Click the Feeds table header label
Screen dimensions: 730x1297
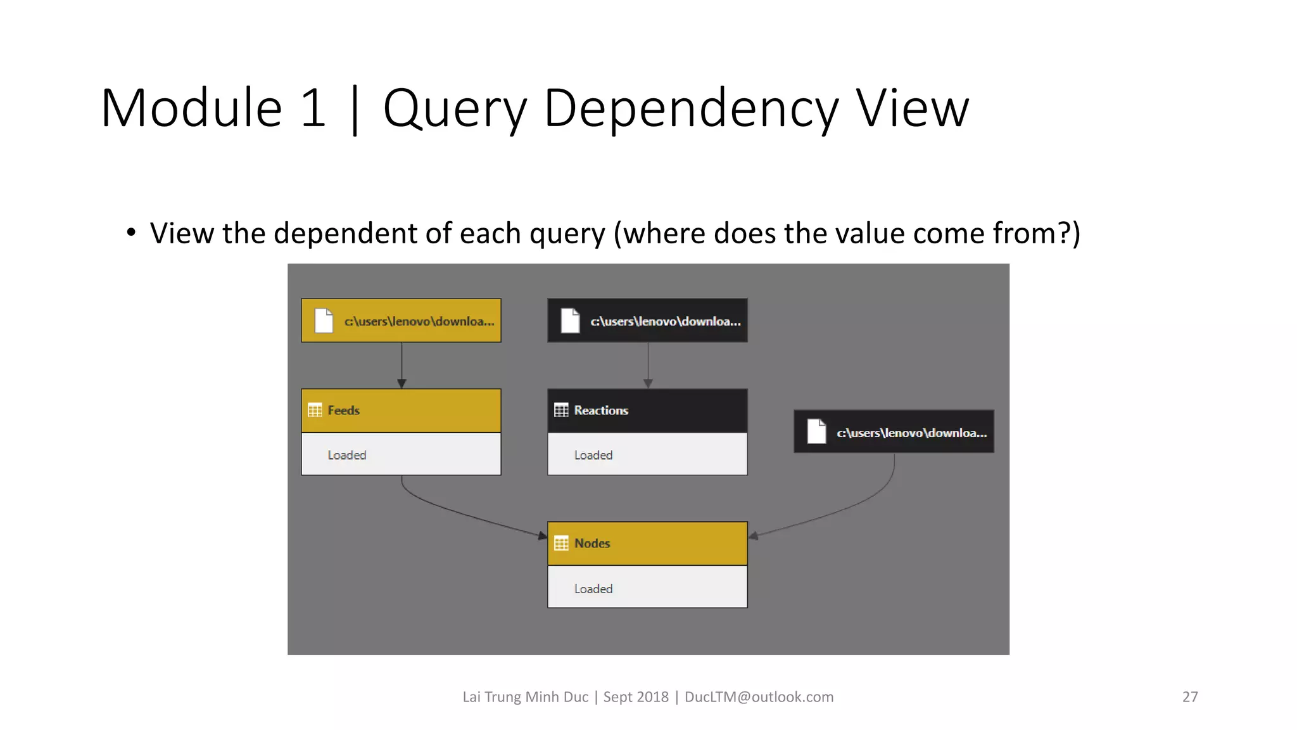(343, 411)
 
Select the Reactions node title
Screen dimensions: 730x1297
(601, 411)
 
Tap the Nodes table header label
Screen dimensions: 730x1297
(592, 544)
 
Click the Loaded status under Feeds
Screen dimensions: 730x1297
(347, 455)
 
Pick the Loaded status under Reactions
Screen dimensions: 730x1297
(593, 455)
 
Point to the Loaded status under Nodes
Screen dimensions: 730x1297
(593, 589)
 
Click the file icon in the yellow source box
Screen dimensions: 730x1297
(324, 321)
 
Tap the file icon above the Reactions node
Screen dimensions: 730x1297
(570, 321)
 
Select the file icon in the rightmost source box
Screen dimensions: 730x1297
(816, 432)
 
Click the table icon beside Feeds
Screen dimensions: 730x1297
(315, 411)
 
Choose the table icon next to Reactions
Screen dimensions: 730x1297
(561, 411)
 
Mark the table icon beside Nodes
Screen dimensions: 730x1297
(561, 544)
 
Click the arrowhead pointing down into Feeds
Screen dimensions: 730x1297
(402, 383)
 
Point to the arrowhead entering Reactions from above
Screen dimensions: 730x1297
(648, 383)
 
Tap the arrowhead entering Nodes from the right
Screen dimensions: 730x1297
(754, 536)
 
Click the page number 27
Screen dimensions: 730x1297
(1190, 697)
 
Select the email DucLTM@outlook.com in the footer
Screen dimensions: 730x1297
(759, 697)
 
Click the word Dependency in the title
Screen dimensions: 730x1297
(691, 109)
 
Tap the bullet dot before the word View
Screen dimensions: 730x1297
(131, 233)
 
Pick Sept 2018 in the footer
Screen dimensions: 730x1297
(636, 697)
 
